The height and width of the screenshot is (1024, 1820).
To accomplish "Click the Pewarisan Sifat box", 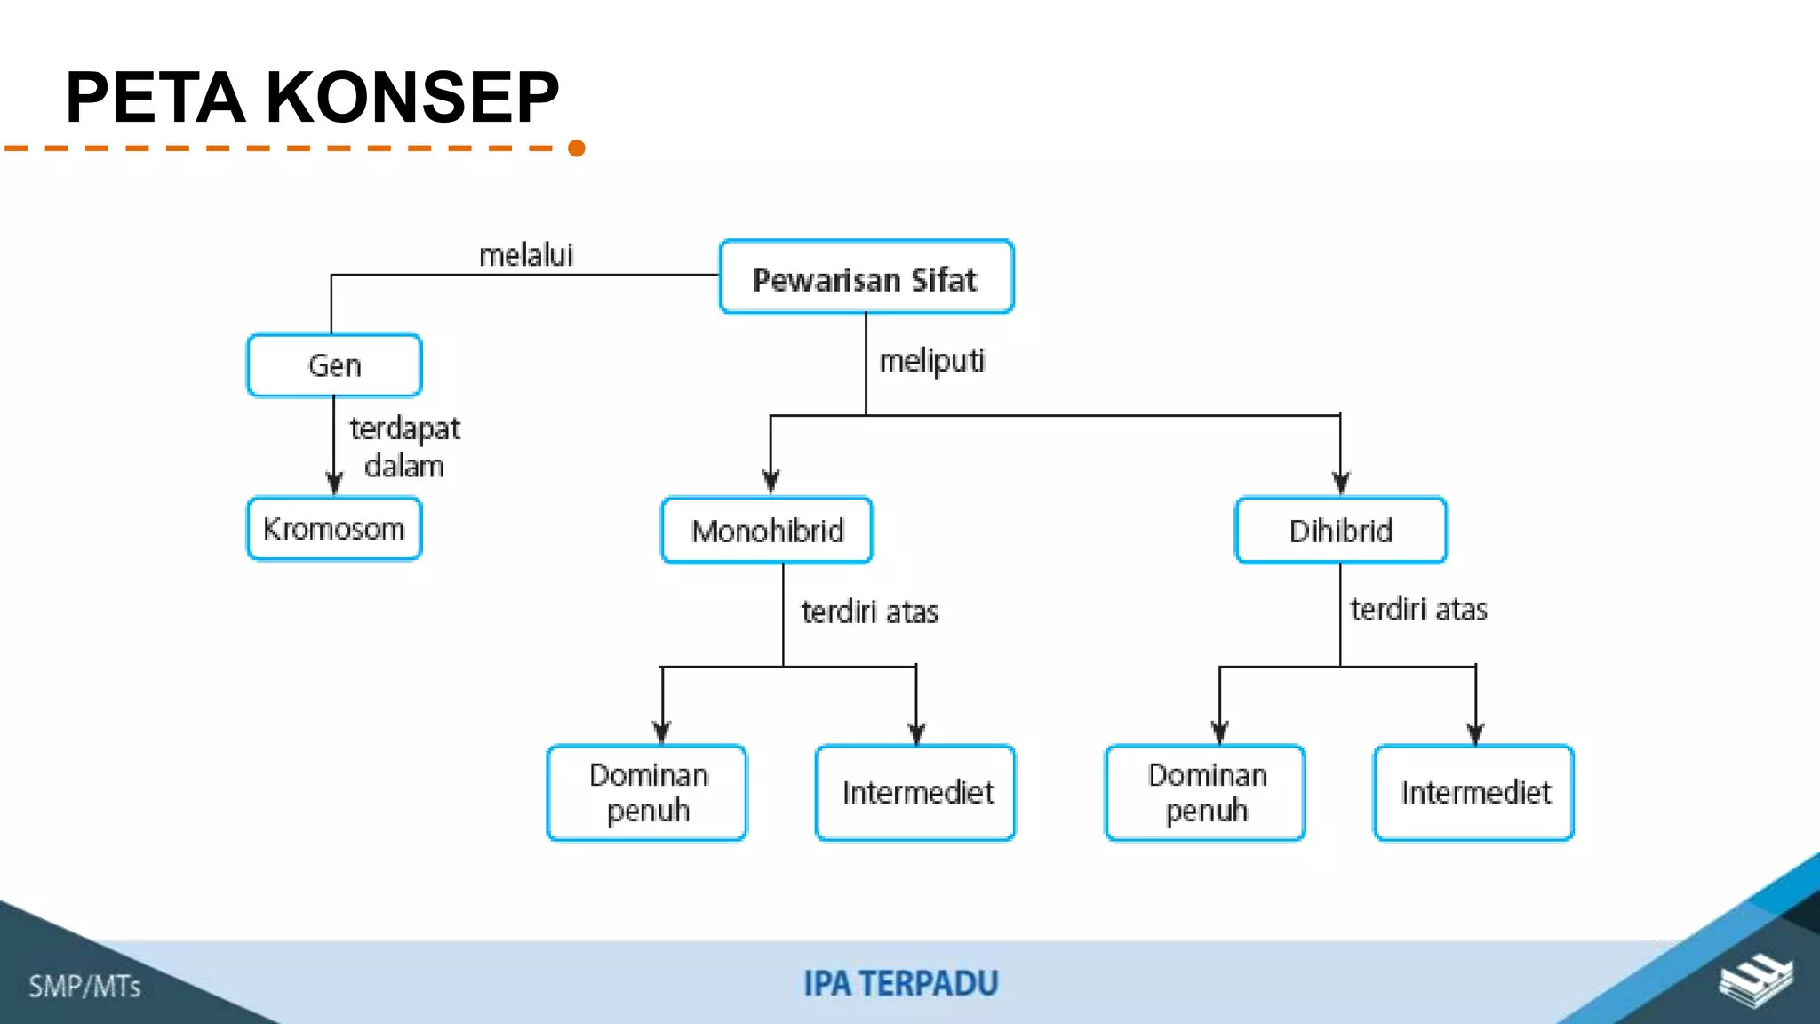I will (x=866, y=277).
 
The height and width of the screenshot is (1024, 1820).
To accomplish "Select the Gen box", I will (x=334, y=365).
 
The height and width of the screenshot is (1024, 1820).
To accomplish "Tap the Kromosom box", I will (x=334, y=529).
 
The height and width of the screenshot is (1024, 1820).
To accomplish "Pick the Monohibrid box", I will (x=767, y=531).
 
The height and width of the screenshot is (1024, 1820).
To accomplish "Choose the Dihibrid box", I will (x=1340, y=531).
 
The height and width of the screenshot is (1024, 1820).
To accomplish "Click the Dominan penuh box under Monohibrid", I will (x=647, y=792).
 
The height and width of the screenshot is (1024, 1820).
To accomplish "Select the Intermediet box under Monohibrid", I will (x=915, y=792).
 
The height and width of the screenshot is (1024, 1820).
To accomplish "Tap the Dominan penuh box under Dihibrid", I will (x=1205, y=792).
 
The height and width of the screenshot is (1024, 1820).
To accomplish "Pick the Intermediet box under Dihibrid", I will (x=1473, y=792).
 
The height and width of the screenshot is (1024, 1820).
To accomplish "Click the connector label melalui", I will (x=526, y=255).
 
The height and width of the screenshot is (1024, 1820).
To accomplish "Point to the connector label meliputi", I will (x=931, y=361).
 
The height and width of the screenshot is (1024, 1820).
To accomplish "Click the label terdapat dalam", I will (x=404, y=447).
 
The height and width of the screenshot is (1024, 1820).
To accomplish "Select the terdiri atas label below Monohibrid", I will (x=869, y=612).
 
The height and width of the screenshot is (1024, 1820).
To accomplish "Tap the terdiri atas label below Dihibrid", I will (x=1418, y=609).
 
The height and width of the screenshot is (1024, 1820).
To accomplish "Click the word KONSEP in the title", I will (x=412, y=97).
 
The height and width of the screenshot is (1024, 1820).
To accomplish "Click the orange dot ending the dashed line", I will (x=576, y=148).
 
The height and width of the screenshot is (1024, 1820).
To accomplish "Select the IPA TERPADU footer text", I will (x=900, y=984).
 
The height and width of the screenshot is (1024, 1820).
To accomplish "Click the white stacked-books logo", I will (x=1755, y=980).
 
